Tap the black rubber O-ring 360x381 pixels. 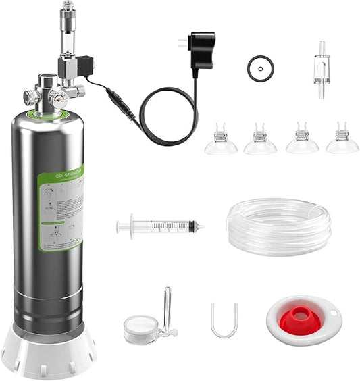tap(259, 68)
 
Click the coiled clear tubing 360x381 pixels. tap(278, 226)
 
